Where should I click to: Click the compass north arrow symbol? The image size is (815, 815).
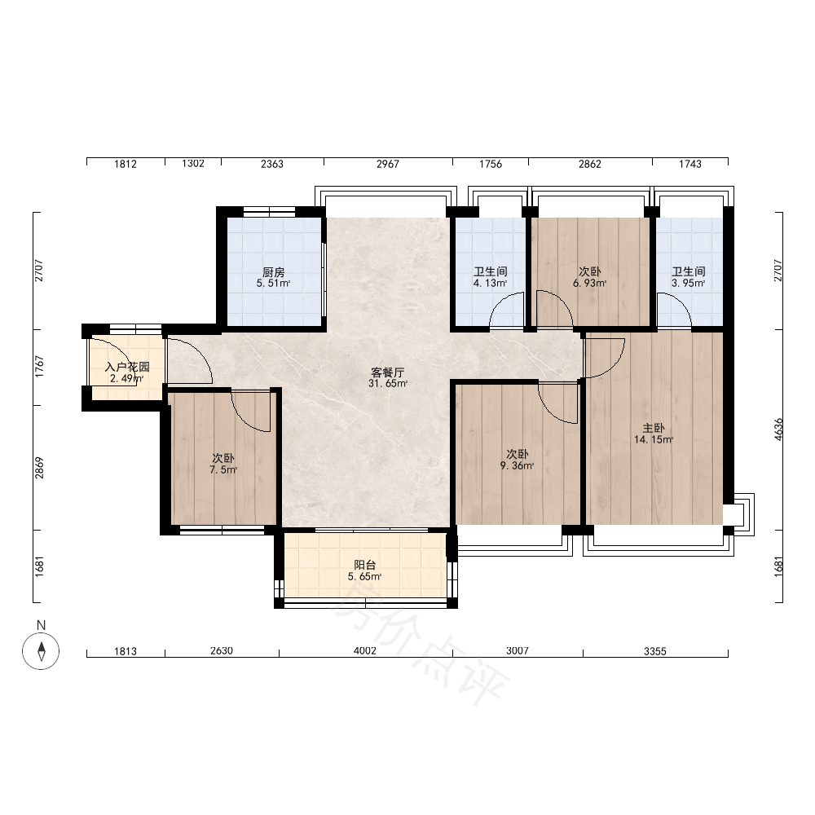click(41, 650)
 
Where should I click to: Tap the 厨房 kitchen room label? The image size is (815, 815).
click(273, 272)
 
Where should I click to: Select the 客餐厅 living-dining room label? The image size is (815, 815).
click(388, 372)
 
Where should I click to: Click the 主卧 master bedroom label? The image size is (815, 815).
click(654, 429)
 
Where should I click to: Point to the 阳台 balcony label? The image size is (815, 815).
click(365, 565)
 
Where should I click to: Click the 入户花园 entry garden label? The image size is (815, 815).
click(127, 367)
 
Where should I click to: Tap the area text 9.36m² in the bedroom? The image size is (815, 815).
click(518, 465)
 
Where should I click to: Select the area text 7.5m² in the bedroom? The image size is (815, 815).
click(223, 470)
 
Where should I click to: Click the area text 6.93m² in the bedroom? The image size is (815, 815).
click(590, 284)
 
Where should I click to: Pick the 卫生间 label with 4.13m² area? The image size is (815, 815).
click(490, 271)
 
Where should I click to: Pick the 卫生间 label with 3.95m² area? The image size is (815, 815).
click(689, 271)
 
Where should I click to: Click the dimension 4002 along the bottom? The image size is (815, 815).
click(365, 650)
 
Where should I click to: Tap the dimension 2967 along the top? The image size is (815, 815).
click(388, 164)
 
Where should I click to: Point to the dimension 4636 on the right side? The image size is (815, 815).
click(778, 430)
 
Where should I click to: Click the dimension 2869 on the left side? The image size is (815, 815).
click(39, 468)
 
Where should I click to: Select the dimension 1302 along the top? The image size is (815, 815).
click(193, 163)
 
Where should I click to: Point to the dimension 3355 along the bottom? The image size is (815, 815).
click(655, 651)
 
